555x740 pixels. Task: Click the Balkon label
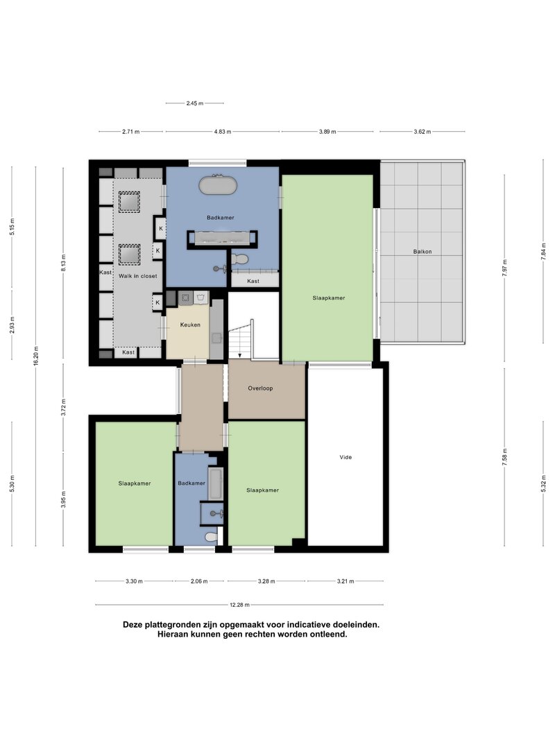click(x=422, y=252)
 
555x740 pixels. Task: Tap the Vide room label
click(x=345, y=457)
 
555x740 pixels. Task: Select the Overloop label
click(x=261, y=388)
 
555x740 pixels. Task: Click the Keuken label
click(x=190, y=325)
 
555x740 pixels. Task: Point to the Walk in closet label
click(x=138, y=275)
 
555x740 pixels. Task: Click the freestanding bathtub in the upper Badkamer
click(x=218, y=185)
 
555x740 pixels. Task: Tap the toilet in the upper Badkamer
click(x=240, y=259)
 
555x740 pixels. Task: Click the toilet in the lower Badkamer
click(x=212, y=537)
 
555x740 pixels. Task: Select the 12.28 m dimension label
click(x=240, y=605)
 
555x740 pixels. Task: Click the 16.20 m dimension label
click(x=36, y=356)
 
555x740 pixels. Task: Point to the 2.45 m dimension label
click(x=194, y=103)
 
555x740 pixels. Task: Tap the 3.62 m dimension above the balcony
click(x=422, y=132)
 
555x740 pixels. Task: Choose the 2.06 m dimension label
click(x=199, y=581)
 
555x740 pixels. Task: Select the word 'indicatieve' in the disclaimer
click(x=293, y=624)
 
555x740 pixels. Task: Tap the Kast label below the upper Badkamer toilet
click(x=253, y=281)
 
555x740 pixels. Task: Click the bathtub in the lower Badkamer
click(x=216, y=483)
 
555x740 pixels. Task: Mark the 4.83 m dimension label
click(x=223, y=132)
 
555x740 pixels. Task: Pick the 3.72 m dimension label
click(x=64, y=407)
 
